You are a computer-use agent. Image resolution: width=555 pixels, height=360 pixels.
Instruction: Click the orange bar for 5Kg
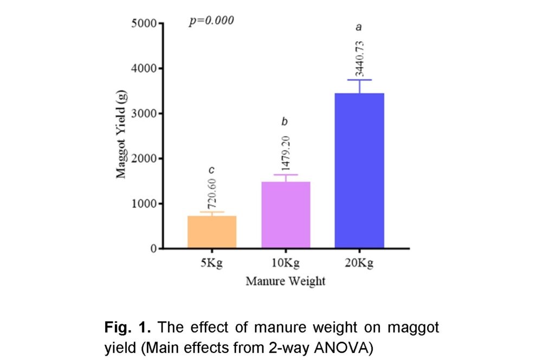(211, 232)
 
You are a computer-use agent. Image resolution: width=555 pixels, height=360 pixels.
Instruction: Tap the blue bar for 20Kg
(359, 170)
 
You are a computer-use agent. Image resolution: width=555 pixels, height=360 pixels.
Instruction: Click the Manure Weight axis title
(285, 281)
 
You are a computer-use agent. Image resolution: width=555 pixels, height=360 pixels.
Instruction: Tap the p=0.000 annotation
(211, 21)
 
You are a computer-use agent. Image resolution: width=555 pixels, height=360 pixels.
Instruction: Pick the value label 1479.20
(286, 153)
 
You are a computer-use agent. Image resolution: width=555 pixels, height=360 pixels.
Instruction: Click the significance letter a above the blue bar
(359, 27)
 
